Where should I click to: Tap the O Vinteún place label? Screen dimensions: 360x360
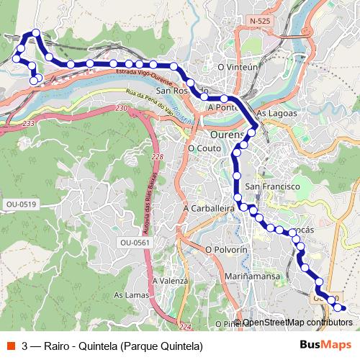[x=237, y=67]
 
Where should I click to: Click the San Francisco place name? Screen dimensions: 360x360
[x=272, y=186]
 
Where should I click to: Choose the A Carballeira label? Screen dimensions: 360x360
[x=210, y=207]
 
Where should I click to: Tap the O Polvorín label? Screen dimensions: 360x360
[x=226, y=249]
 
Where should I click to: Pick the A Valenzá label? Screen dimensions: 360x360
[x=170, y=281]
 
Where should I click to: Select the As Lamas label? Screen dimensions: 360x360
[x=130, y=295]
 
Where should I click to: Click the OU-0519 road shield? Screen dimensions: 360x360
[x=21, y=204]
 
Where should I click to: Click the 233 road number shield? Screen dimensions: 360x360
[x=28, y=124]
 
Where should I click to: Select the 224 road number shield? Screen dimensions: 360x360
[x=186, y=328]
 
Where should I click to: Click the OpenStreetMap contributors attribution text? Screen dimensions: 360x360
[x=297, y=323]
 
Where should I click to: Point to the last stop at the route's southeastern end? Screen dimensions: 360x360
[x=342, y=309]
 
